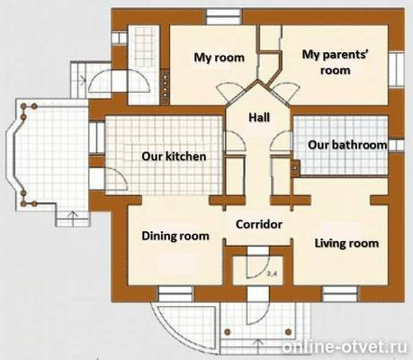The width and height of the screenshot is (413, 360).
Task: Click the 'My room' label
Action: coord(219,58)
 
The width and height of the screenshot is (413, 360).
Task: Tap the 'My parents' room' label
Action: coord(336,62)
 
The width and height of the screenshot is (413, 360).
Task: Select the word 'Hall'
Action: coord(259,117)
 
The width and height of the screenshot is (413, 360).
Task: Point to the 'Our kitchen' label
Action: coord(174,156)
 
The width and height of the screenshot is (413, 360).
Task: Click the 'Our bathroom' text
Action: coord(347,145)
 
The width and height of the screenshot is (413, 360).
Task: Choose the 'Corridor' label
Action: coord(259,224)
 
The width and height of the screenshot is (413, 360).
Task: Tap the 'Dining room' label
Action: coord(175,236)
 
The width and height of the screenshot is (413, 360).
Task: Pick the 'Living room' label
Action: coord(346,243)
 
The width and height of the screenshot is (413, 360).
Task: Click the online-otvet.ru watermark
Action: coord(345,347)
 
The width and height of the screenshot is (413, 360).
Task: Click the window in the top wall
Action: coord(224,16)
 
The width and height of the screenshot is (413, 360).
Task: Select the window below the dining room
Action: coord(175,294)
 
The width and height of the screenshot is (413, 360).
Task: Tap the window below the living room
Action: coord(340,294)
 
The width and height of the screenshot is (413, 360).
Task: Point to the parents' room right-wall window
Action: coord(396,70)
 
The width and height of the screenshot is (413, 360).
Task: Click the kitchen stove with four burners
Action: coord(165,86)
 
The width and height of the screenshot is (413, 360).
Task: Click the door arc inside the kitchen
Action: coord(117,178)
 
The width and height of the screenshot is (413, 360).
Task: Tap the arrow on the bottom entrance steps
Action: coord(259,345)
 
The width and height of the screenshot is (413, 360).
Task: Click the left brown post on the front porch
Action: coord(228,332)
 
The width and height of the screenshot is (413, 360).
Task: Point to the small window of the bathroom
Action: coord(396,145)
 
